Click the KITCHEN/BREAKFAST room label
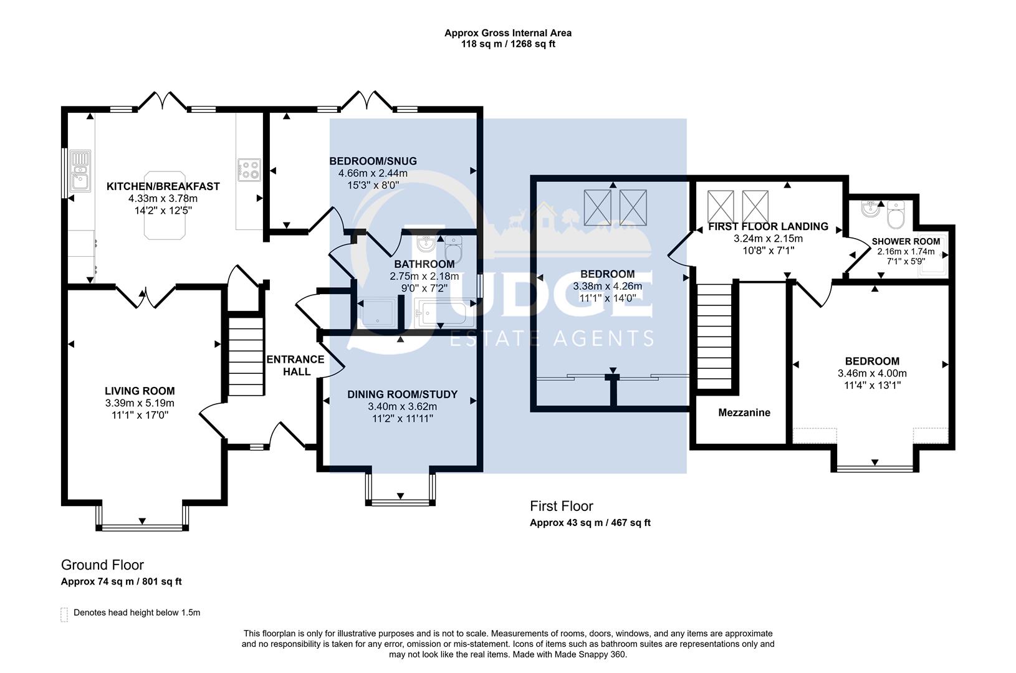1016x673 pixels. click(163, 186)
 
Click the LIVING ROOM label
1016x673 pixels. click(140, 391)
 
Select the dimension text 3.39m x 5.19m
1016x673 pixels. click(140, 404)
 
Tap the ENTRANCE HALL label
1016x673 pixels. click(295, 366)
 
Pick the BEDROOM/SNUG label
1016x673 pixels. click(373, 161)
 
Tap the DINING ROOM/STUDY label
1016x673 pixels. click(402, 394)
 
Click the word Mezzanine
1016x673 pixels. click(744, 413)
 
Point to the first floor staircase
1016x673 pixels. click(713, 336)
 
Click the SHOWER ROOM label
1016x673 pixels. click(905, 242)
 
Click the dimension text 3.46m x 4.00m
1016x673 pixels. click(871, 373)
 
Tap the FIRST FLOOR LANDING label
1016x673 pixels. click(768, 227)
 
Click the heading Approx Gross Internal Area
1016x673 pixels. click(507, 33)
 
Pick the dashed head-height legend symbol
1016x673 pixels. click(64, 614)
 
